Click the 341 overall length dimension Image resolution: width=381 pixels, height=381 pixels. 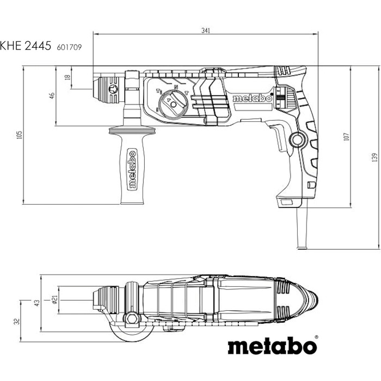coord(205,30)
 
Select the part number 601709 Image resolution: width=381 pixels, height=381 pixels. coord(70,48)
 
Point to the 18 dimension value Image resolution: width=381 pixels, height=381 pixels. coord(67,78)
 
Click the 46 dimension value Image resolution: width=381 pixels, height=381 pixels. coord(52,95)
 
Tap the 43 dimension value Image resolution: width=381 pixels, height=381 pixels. coord(38,303)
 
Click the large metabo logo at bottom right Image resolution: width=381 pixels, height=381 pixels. coord(272,347)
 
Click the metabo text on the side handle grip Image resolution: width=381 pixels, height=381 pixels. coord(131,169)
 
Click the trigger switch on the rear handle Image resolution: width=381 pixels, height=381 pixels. coord(279,136)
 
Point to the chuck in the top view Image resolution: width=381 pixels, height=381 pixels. coord(107,300)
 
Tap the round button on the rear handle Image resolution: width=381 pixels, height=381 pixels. coord(298,140)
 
